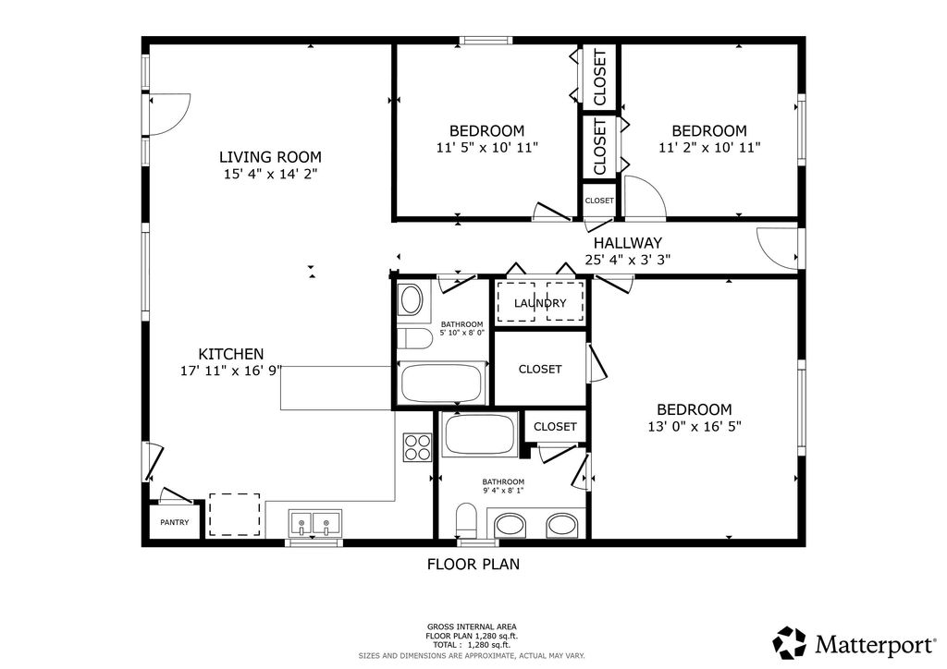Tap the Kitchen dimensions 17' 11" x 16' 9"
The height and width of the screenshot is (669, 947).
(x=231, y=371)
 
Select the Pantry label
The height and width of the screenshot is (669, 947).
(x=174, y=523)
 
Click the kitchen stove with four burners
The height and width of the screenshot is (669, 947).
(x=417, y=447)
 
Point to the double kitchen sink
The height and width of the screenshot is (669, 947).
(x=314, y=524)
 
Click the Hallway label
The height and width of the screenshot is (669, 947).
(x=628, y=243)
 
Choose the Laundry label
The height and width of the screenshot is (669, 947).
(x=540, y=303)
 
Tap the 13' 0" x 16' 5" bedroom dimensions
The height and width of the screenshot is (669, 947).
(x=694, y=426)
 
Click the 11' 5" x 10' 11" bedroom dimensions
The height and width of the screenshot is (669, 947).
(x=486, y=147)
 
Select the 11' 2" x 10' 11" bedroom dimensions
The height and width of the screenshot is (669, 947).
(x=708, y=147)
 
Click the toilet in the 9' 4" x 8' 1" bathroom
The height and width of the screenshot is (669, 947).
(x=467, y=519)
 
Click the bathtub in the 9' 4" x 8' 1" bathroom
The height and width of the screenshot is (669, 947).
(x=479, y=434)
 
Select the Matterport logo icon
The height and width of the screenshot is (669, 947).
(x=789, y=641)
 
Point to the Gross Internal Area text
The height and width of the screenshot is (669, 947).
(x=472, y=626)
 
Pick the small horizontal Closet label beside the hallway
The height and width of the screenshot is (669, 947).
(x=598, y=201)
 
